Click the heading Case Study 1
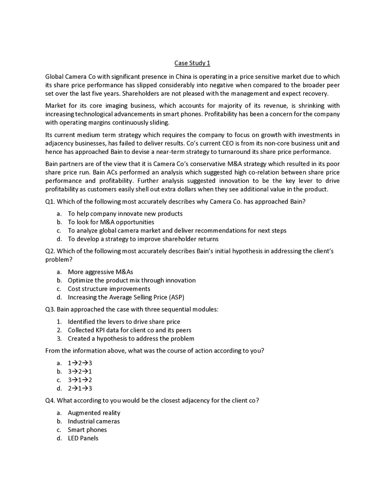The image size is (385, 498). [192, 63]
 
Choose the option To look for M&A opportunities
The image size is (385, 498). [111, 222]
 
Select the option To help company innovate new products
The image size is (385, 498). [125, 214]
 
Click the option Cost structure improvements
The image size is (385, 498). [109, 289]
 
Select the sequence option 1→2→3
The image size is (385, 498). [80, 363]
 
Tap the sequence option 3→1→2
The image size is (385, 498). [80, 380]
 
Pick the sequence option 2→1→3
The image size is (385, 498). [80, 388]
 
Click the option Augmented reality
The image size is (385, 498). [94, 413]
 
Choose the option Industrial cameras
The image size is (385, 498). [93, 421]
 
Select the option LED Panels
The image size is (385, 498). [83, 438]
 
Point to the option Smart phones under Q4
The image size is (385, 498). [87, 430]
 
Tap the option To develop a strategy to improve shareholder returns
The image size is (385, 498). [143, 239]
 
